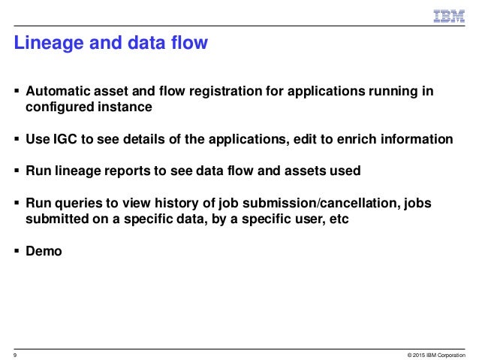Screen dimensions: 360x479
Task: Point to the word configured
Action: click(x=59, y=107)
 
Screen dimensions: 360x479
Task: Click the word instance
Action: click(x=124, y=107)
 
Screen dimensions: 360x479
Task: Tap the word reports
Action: click(x=131, y=171)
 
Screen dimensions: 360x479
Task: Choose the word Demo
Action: click(x=44, y=251)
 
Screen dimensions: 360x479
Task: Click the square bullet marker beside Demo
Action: click(x=17, y=251)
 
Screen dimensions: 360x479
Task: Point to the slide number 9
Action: click(x=15, y=353)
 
